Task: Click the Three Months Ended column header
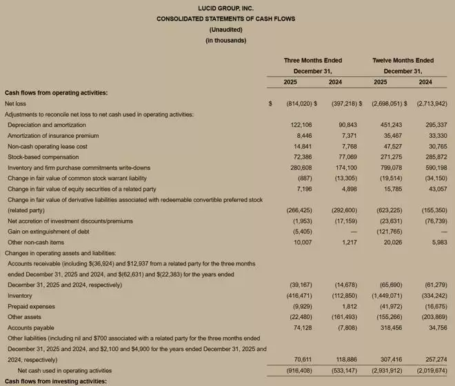click(x=312, y=61)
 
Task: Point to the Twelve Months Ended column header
click(x=403, y=61)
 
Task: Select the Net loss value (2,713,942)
click(x=432, y=103)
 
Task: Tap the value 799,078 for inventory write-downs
click(x=390, y=167)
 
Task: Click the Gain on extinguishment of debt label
click(x=41, y=232)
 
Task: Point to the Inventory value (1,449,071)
click(x=386, y=296)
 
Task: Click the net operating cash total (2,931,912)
click(x=386, y=370)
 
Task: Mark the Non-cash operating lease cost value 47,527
click(x=391, y=146)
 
